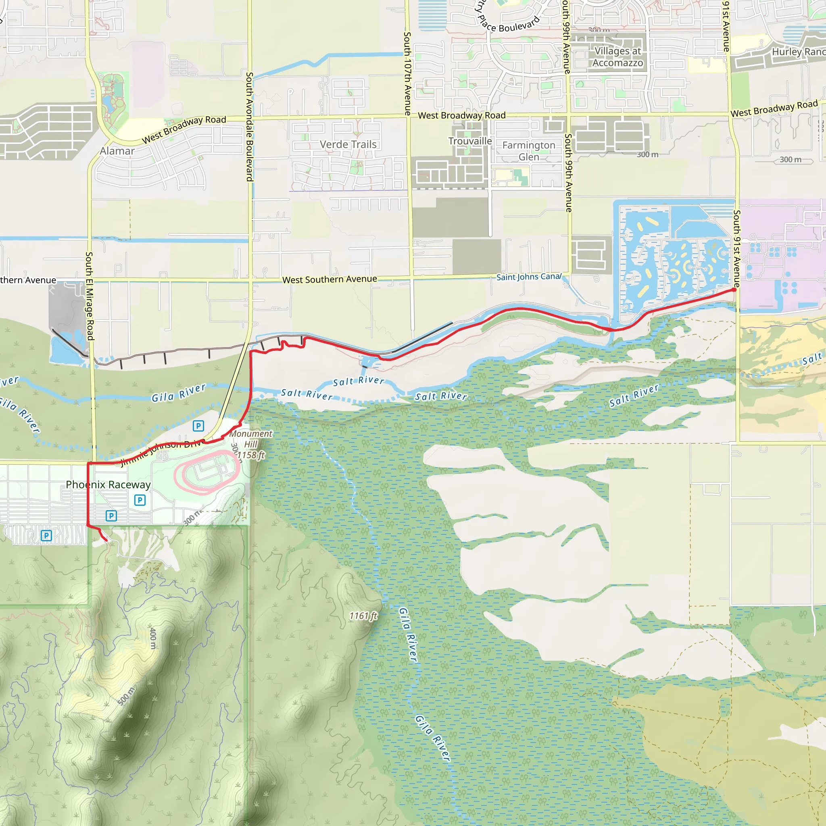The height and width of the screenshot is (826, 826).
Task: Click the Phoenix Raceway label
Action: coord(108,484)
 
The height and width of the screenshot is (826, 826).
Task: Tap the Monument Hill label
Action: coord(250,439)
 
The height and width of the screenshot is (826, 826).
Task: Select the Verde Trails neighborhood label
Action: coord(348,144)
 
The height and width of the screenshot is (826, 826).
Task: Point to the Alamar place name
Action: coord(117,151)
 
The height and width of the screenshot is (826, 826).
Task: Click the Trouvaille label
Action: coord(470,141)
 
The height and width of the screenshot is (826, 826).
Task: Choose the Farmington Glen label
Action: coord(528,151)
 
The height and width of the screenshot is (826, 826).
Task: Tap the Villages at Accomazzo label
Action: coord(617,57)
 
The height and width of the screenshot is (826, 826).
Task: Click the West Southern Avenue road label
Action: coord(330,280)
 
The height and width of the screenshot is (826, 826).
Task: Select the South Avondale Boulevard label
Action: coord(250,127)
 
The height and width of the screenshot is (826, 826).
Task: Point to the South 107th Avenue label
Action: coord(407,73)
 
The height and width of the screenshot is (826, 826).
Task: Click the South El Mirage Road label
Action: coord(90,296)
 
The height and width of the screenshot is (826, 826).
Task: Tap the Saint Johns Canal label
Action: coord(528,277)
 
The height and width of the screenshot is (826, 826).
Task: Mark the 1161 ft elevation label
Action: coord(363,615)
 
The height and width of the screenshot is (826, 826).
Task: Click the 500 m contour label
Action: coord(126,696)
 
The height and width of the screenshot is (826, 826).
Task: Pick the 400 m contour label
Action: coord(152,638)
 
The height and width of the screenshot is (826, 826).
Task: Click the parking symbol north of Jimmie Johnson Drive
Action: coord(198,426)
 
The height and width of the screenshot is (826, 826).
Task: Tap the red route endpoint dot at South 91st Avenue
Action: coord(734,290)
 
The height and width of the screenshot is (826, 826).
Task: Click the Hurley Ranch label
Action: coord(798,52)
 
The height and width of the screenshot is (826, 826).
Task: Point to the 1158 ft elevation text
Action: coord(251,455)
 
